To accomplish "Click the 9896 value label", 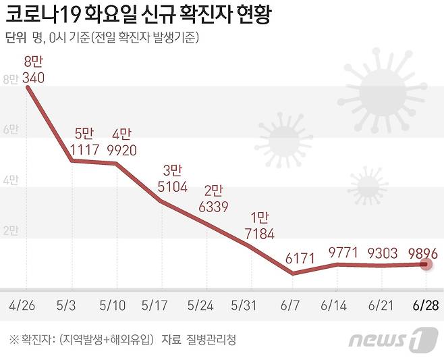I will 424,253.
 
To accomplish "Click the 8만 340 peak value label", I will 34,70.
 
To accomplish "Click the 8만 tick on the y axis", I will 12,79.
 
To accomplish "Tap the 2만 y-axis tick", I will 12,231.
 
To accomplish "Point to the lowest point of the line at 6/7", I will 292,274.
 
